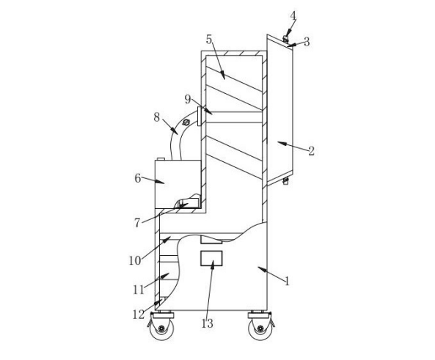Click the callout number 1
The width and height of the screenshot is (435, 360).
coord(287,281)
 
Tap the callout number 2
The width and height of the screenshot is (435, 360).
coord(311,151)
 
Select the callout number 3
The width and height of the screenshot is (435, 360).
coord(307,42)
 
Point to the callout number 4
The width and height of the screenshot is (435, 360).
coord(293,16)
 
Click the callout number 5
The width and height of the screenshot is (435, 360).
coord(209,40)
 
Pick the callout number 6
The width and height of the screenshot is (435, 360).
coord(138,178)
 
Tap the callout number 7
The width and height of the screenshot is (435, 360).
coord(137,223)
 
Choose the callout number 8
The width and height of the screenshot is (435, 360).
coord(157,117)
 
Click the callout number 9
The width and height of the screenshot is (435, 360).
coord(188,99)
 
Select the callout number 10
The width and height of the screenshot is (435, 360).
coord(135,261)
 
